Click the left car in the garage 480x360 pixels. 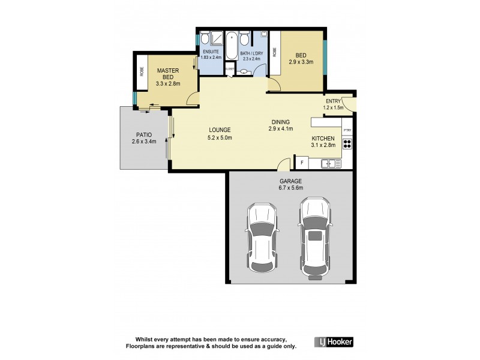tap(262, 237)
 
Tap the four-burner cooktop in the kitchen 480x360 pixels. tap(347, 144)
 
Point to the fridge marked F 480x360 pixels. tap(301, 163)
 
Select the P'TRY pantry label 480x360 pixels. tap(347, 130)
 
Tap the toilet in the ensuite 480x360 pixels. tap(205, 38)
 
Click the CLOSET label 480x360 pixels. tap(230, 69)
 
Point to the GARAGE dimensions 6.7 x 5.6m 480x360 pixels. tap(290, 188)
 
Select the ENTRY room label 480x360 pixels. tap(333, 101)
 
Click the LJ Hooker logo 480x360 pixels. tap(334, 342)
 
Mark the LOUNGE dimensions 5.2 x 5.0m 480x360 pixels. tap(220, 138)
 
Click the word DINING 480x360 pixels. tap(281, 121)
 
